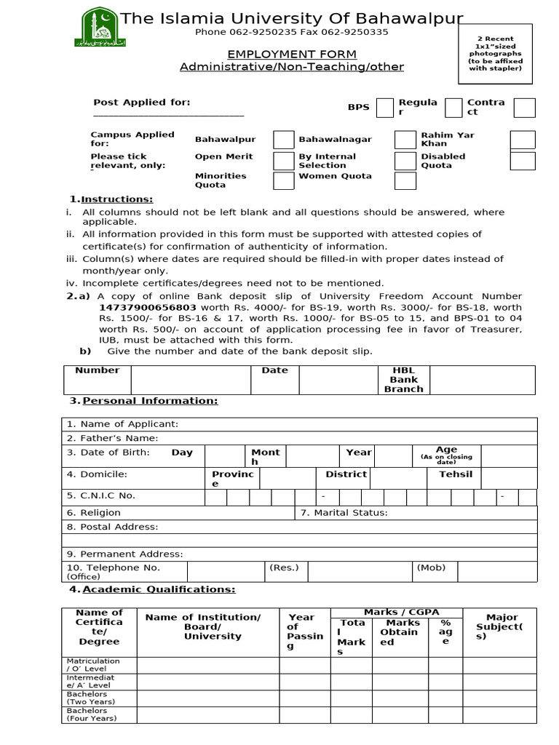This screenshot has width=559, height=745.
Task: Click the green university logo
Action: click(98, 27)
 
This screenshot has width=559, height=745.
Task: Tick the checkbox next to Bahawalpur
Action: click(283, 140)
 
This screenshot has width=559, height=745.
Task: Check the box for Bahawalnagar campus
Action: click(405, 140)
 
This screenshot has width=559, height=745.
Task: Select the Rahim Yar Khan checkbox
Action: click(522, 140)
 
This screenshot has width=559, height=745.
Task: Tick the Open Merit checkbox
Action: click(283, 161)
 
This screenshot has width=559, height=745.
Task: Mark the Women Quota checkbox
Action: click(405, 180)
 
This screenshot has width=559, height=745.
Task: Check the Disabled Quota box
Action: click(522, 161)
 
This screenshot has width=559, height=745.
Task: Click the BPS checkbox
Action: click(385, 108)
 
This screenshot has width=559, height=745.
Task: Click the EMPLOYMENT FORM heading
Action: click(292, 55)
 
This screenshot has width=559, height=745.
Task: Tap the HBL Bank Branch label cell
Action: click(403, 380)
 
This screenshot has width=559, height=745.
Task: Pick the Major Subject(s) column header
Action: click(499, 626)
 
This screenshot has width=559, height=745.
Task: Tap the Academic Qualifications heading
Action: click(158, 589)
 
